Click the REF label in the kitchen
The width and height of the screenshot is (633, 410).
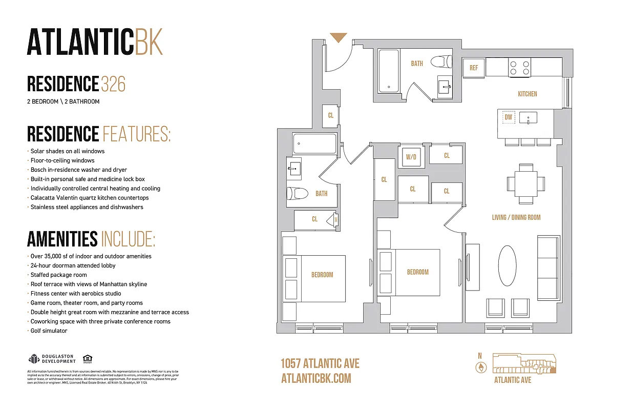[473, 68]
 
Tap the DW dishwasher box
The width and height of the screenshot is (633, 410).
[508, 117]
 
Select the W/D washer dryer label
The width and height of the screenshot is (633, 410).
[411, 157]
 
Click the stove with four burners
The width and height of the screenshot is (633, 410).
[519, 67]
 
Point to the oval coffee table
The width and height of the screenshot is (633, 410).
[508, 266]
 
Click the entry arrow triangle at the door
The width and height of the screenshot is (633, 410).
[338, 37]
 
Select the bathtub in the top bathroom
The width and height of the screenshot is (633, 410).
[389, 71]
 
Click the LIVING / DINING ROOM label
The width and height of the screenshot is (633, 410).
[516, 217]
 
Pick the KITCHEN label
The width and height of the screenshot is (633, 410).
[527, 94]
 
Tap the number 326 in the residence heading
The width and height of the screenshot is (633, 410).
[113, 84]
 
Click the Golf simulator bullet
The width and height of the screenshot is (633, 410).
[49, 331]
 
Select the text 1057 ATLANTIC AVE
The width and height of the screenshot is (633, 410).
[320, 364]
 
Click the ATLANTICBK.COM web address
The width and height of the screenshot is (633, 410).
[316, 378]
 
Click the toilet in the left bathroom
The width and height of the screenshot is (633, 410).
[298, 194]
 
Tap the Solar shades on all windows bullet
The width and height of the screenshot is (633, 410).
[67, 151]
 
